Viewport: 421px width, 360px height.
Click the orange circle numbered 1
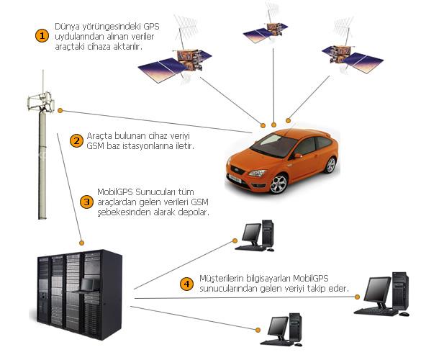pos(42,36)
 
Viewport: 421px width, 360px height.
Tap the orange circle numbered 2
pos(76,141)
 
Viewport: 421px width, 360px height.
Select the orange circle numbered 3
pos(87,202)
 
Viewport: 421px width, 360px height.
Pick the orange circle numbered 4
pos(186,284)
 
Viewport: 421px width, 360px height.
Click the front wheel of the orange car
pos(279,184)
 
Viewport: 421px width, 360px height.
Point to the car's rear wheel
pos(330,165)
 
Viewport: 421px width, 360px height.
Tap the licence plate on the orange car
pos(235,179)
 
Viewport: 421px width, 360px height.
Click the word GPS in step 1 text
pos(151,27)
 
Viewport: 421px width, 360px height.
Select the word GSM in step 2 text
pos(95,146)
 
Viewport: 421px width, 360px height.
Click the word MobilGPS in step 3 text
pos(115,192)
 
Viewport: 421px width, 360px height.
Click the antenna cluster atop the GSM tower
pos(41,102)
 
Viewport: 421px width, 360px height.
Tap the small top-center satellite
pos(266,31)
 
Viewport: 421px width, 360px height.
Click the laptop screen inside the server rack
pos(87,285)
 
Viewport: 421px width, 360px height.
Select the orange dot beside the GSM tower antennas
pos(60,110)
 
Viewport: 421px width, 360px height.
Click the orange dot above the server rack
pos(82,243)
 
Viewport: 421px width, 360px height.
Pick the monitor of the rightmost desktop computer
pos(379,290)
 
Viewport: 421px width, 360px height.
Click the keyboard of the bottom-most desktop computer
pos(275,343)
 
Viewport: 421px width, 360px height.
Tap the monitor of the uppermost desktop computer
pos(251,233)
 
